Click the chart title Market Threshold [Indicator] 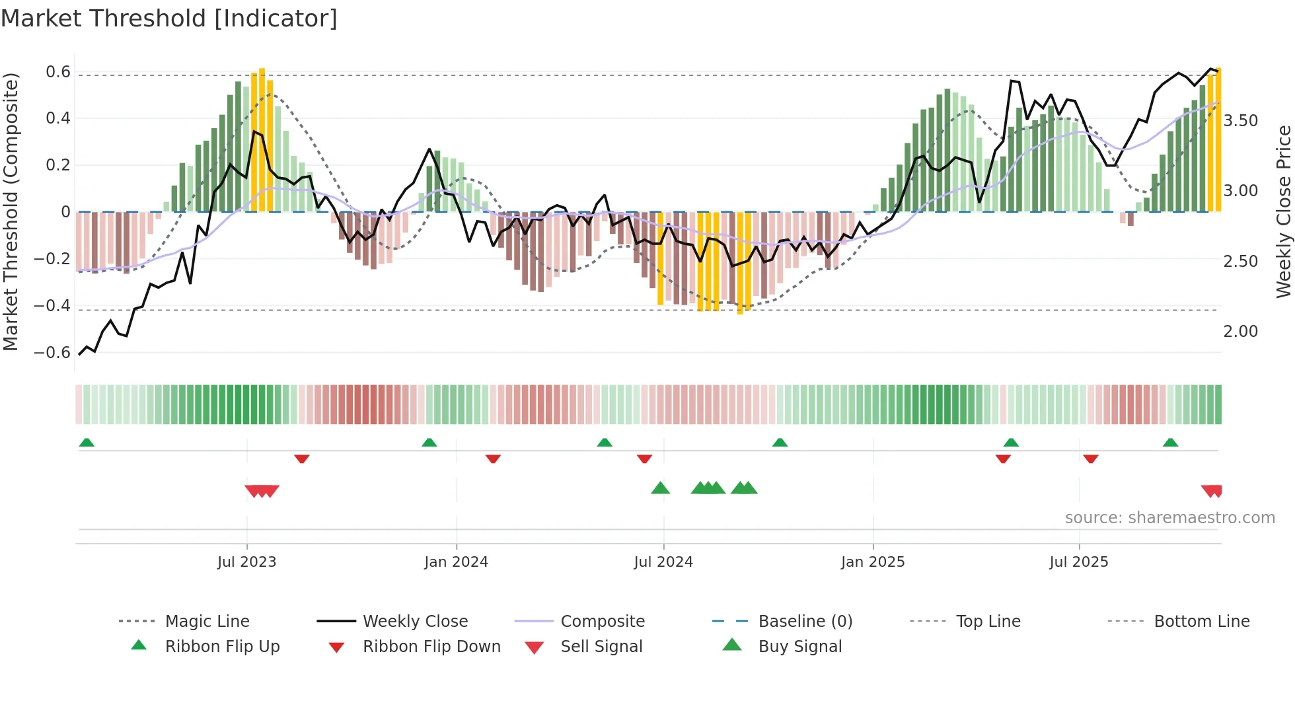[x=169, y=18]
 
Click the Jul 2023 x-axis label [x=246, y=562]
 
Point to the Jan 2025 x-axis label [x=872, y=562]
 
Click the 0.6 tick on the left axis [x=57, y=72]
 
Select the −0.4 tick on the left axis [x=52, y=305]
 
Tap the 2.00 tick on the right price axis [x=1240, y=332]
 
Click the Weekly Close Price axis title [x=1283, y=211]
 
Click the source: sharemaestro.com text [x=1169, y=518]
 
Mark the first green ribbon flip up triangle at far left [x=87, y=443]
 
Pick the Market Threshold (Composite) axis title [x=11, y=211]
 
